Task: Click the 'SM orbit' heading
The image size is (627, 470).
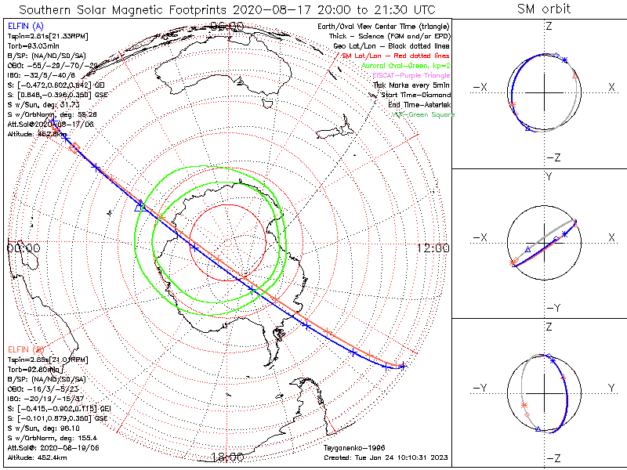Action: click(544, 10)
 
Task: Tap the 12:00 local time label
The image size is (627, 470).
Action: click(433, 248)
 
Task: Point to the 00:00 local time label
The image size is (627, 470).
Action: click(24, 248)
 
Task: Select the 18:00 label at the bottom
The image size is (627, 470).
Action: click(227, 457)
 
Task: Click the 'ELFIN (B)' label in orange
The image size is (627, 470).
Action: click(26, 348)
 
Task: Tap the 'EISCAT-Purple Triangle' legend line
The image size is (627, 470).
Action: click(412, 75)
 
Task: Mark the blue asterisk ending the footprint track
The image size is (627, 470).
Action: click(403, 366)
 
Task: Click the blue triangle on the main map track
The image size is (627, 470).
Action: click(140, 205)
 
